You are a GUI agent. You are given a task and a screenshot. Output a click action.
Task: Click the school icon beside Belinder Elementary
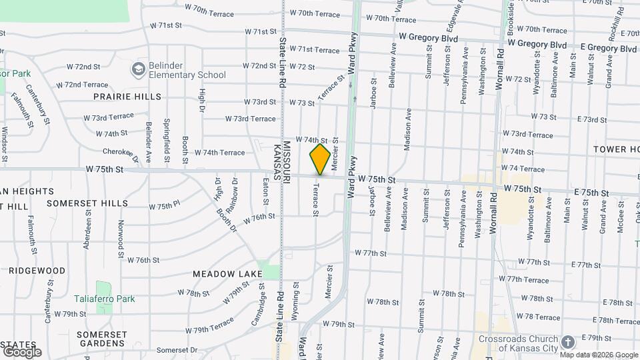138,69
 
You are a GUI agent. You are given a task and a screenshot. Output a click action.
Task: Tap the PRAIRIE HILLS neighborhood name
127,97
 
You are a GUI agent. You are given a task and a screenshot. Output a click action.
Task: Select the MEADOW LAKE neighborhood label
227,274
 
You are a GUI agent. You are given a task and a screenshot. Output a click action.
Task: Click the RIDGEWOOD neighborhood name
37,271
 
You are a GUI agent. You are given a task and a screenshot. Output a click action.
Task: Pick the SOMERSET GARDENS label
101,339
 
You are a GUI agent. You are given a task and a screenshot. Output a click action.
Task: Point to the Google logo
21,351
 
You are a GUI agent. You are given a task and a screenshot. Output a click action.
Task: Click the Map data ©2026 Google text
599,354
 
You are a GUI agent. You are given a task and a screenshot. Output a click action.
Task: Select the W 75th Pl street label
164,206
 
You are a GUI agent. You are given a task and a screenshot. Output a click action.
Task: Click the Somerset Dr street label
176,349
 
